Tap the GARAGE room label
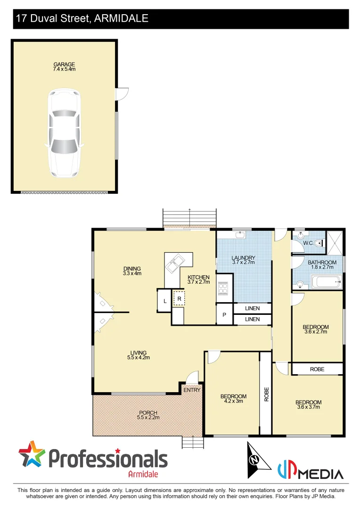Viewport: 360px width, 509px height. pos(64,65)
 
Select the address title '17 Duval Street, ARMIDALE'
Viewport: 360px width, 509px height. pos(82,18)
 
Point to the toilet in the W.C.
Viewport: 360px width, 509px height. pos(319,243)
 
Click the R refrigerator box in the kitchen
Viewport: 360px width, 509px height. pos(180,299)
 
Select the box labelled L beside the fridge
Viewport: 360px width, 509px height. pos(164,301)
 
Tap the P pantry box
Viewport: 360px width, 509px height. pos(224,315)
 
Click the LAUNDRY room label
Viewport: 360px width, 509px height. pos(244,258)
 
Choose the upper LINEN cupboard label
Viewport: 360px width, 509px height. pos(252,308)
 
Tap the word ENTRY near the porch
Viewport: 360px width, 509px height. pos(192,390)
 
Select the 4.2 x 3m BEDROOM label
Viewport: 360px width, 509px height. pos(233,396)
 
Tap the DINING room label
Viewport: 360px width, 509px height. pos(132,269)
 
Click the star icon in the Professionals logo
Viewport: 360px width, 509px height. pos(32,454)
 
